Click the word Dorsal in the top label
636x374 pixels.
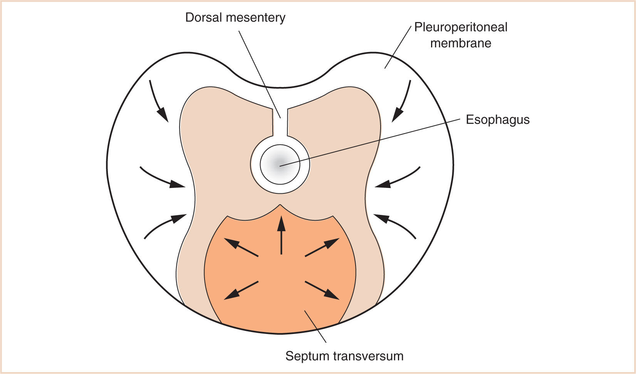[204, 18]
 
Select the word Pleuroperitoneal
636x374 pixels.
[461, 27]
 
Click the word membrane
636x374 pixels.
[461, 43]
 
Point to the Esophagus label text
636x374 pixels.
[498, 120]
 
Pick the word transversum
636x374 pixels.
[368, 356]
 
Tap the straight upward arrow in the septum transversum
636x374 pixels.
[281, 235]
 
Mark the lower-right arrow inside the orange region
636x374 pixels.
[322, 290]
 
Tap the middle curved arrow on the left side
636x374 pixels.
[162, 179]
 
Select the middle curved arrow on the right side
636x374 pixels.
[398, 179]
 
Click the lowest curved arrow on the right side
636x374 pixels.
[395, 225]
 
